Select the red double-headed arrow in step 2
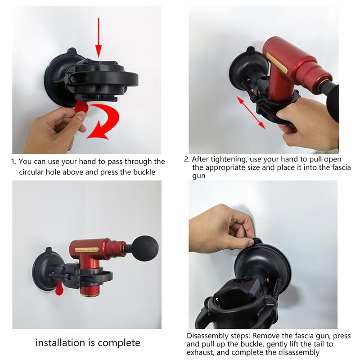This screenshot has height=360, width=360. (251, 112)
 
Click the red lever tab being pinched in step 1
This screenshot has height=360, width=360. (81, 108)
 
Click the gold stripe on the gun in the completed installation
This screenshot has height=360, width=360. (87, 250)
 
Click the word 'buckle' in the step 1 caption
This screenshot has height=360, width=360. (144, 172)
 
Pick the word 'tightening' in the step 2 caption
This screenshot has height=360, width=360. (228, 159)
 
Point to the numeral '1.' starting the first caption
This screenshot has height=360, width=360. (14, 162)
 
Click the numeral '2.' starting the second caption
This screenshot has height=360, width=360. (187, 159)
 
